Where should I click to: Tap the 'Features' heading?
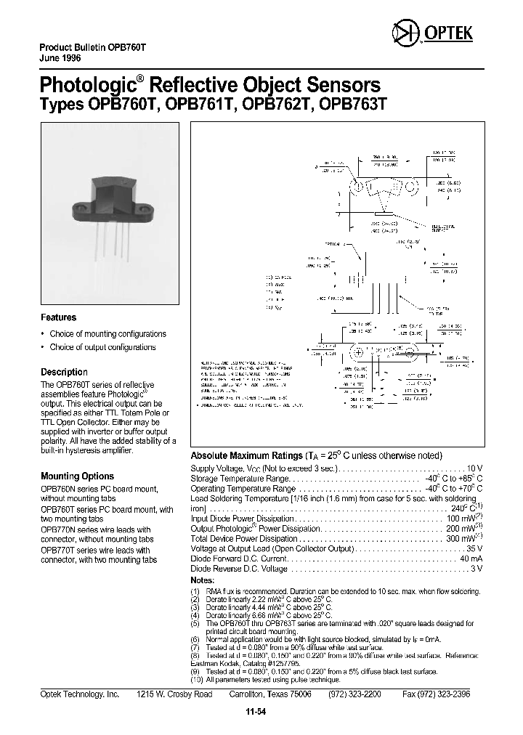[58, 317]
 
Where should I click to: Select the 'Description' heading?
[64, 372]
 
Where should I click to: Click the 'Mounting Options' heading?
[77, 476]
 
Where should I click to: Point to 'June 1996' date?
[60, 57]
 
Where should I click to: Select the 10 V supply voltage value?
[475, 469]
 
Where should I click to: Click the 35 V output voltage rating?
[474, 549]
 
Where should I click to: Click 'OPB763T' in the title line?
[353, 104]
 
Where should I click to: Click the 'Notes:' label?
[203, 581]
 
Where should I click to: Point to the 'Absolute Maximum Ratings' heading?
[246, 455]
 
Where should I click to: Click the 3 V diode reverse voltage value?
[477, 569]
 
